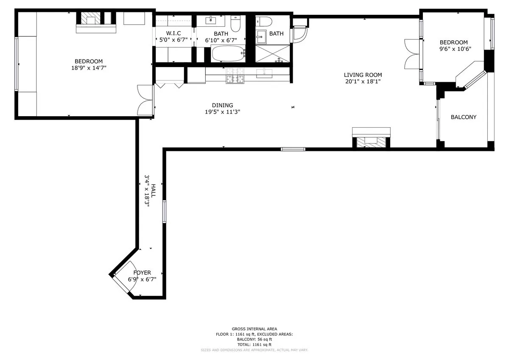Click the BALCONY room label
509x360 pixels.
(463, 117)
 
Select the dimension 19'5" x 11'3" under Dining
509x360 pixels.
(223, 112)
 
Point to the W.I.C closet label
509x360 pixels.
(173, 33)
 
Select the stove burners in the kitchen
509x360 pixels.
(235, 75)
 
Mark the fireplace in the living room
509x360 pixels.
(371, 140)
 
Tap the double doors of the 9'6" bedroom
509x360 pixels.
(411, 54)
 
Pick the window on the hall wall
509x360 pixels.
(164, 211)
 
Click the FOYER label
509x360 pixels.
(142, 273)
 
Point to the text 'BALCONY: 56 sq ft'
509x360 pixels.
(254, 339)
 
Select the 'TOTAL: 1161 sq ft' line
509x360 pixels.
(254, 345)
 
